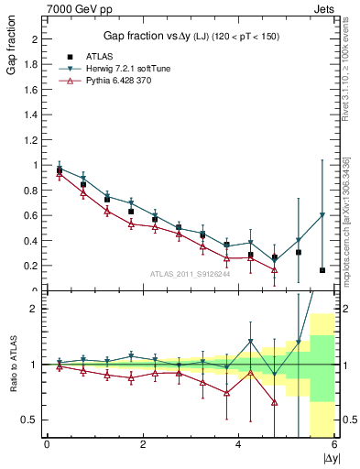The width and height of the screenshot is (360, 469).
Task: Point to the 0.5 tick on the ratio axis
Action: coord(32,420)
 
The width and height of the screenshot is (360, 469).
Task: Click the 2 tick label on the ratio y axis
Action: coord(35,309)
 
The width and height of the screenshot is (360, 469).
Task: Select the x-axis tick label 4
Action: coord(238,444)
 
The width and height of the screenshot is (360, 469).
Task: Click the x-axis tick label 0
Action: coord(47,444)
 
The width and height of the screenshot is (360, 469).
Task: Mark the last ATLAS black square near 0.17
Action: coord(322,270)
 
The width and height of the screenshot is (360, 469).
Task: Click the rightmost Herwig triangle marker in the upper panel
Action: coord(322,215)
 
